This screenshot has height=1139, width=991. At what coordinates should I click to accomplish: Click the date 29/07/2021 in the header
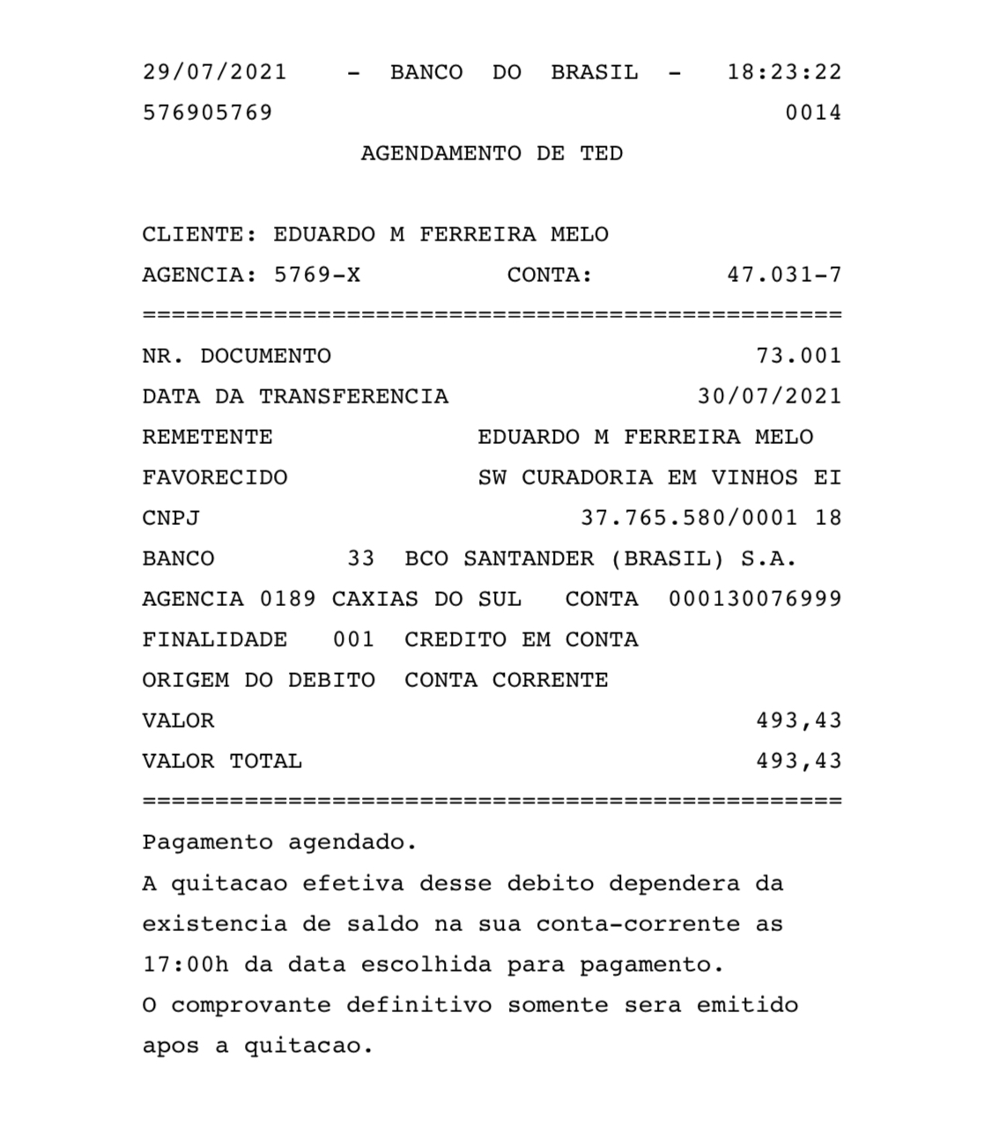coord(215,72)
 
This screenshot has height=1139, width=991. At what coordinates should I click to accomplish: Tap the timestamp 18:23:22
coord(784,72)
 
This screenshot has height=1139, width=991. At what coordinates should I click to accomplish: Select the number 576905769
coord(208,113)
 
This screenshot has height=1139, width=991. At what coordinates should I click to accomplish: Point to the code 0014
coord(813,113)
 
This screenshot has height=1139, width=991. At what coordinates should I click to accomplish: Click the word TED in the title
coord(601,153)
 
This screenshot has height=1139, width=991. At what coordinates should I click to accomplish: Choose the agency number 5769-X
coord(317,275)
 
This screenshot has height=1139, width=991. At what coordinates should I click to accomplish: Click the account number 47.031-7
coord(784,275)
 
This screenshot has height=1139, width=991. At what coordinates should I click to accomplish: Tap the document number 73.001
coord(798,356)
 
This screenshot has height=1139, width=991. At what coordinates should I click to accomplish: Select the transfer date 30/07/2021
coord(769,396)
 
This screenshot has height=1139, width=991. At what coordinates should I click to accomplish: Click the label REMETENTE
coord(208,437)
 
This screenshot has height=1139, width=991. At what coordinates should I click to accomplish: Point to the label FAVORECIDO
coord(215,477)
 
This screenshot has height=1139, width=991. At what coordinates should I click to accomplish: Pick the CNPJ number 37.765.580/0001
coord(689,518)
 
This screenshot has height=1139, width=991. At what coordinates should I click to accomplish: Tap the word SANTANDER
coord(529,558)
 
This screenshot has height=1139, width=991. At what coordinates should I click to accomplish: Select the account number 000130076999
coord(755,599)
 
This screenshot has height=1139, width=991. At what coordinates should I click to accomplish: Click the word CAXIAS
coord(375,599)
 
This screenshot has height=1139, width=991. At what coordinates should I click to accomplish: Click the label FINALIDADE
coord(215,640)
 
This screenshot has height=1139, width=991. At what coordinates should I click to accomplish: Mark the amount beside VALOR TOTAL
coord(798,761)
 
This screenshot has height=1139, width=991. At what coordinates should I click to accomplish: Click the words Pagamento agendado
coord(279,842)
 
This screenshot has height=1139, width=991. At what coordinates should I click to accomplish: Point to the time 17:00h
coord(185,964)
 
